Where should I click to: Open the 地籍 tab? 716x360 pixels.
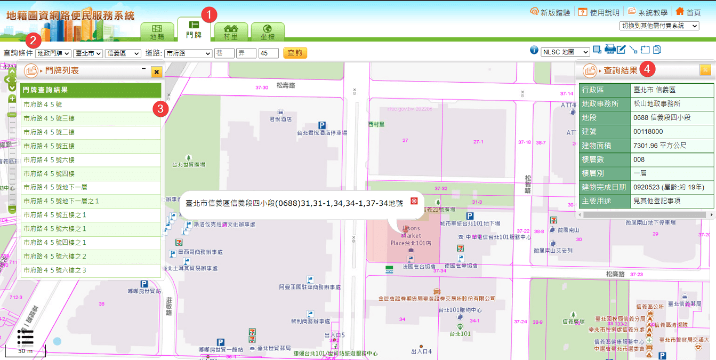coord(157,32)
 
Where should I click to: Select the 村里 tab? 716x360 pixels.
coord(230,32)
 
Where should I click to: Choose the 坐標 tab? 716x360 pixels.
coord(268,32)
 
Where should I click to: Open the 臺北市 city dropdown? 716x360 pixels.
coord(88,53)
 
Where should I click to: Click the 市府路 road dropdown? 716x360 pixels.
coord(188,53)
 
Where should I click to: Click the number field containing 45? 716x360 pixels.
coord(268,53)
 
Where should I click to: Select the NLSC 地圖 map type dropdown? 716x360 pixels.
coord(565,52)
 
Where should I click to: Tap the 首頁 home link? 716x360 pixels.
coord(688,12)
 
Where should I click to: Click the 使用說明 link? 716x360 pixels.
coord(599,12)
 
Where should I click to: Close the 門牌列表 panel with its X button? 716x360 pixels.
coord(156,71)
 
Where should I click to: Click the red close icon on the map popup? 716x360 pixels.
coord(413,201)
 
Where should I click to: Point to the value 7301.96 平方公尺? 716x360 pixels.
coord(659,146)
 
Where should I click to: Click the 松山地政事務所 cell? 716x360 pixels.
coord(656,104)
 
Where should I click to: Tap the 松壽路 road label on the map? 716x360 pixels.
coord(286,85)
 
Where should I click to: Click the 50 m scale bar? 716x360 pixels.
coord(25,351)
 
